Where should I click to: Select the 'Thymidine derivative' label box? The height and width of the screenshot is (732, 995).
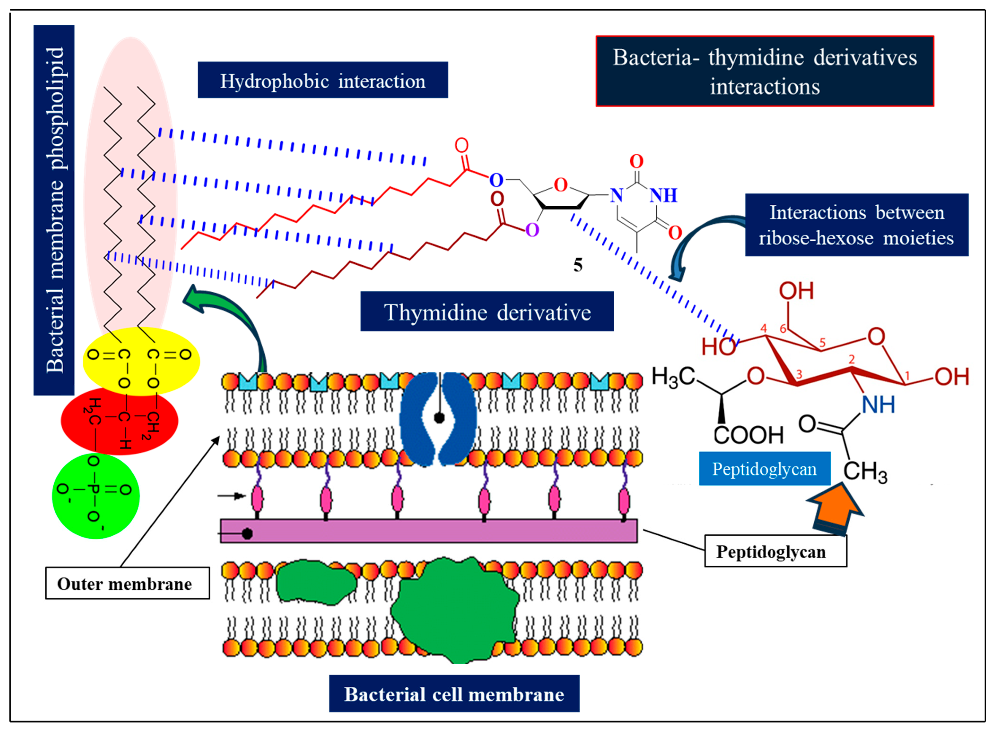coord(487,312)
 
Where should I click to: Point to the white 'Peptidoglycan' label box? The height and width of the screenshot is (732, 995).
coord(775,551)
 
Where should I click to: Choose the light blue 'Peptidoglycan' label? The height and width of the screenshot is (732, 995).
coord(764,469)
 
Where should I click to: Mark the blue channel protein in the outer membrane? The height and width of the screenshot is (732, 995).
coord(438,419)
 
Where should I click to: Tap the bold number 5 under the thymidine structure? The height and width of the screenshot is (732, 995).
coord(578,265)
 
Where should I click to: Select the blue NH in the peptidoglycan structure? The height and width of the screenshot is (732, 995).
coord(878,405)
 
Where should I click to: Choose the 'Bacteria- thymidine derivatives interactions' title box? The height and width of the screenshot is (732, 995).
coord(765,71)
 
